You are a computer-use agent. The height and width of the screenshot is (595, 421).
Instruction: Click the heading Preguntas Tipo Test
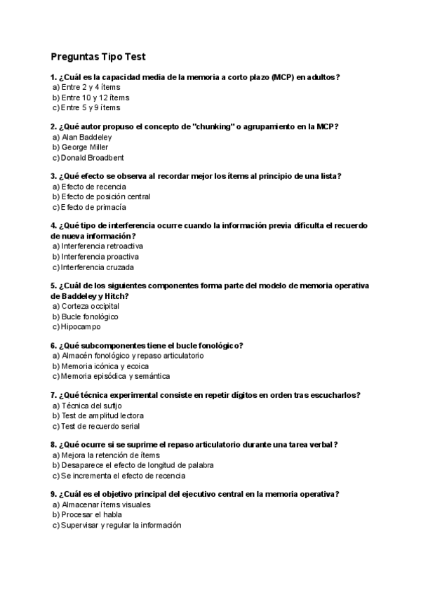click(x=98, y=56)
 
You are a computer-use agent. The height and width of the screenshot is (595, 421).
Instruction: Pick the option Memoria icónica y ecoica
click(x=102, y=366)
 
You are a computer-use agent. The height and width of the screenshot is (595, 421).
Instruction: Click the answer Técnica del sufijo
click(x=90, y=406)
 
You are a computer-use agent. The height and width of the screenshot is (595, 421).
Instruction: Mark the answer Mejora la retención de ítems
click(x=106, y=455)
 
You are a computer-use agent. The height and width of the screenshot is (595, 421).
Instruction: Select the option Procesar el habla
click(x=86, y=515)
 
